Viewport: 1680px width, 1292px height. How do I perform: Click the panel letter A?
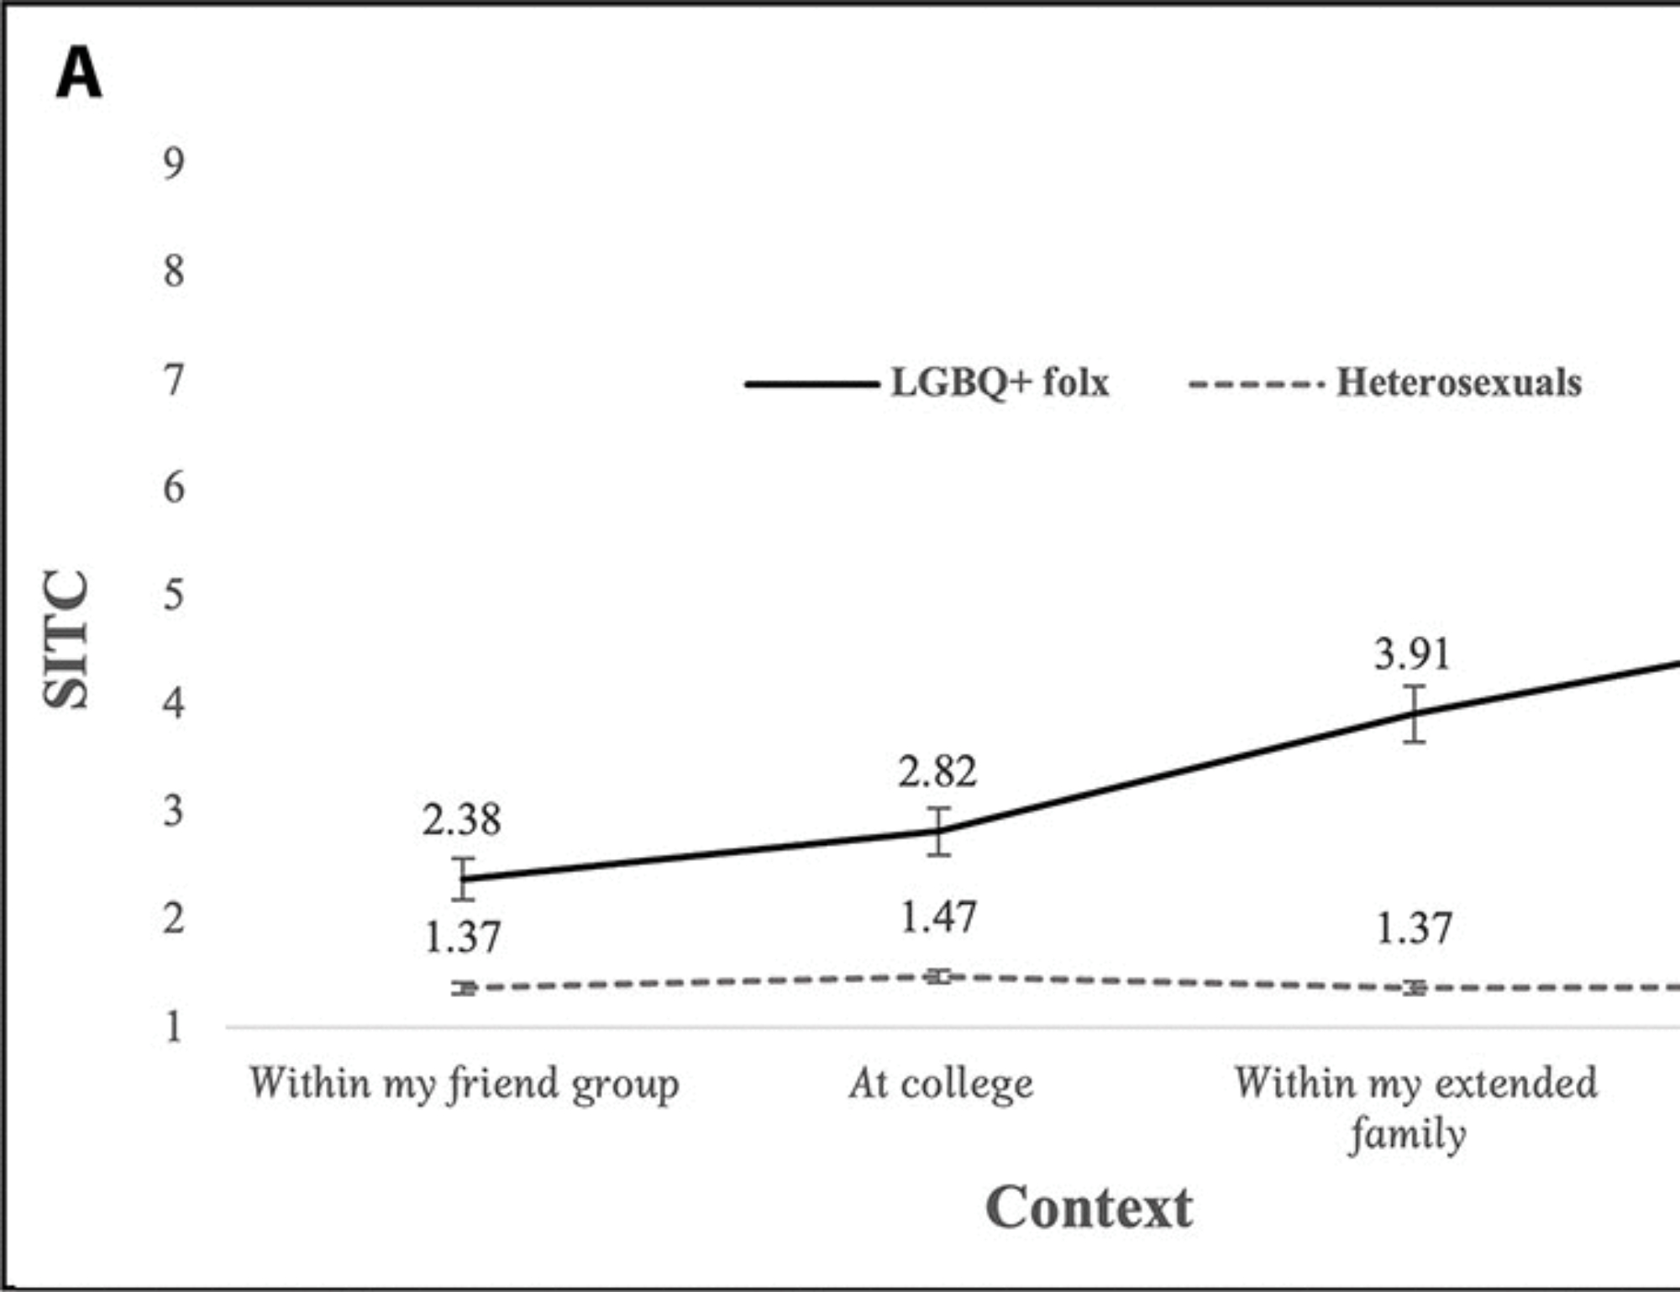[78, 74]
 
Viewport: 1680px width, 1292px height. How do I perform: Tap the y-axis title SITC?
[66, 639]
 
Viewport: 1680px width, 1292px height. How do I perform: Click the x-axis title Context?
[1089, 1208]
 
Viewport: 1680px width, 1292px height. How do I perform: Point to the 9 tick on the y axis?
[173, 163]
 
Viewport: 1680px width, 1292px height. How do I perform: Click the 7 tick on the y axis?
[173, 380]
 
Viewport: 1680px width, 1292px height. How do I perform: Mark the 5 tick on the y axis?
[173, 596]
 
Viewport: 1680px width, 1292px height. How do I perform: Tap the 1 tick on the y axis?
[173, 1027]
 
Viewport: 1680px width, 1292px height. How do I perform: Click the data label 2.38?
[461, 820]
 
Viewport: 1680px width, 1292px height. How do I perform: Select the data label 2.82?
[937, 772]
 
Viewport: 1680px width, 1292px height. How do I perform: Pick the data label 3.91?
[1412, 654]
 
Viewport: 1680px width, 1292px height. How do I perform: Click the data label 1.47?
[938, 917]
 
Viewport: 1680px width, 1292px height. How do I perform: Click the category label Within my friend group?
[464, 1084]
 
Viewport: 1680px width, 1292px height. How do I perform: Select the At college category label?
[941, 1084]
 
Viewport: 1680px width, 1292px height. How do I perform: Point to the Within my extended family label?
[1415, 1107]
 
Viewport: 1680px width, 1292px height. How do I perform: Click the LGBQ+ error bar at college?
[939, 832]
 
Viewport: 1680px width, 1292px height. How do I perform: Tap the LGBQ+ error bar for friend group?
[464, 879]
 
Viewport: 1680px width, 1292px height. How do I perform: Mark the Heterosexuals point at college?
[940, 976]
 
